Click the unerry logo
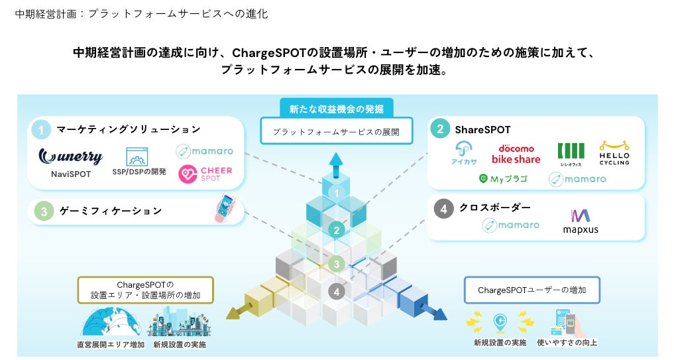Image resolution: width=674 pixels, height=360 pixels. pos(71,156)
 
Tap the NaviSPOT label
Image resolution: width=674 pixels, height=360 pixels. pos(70,174)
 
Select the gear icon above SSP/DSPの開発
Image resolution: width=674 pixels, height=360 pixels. pos(138,157)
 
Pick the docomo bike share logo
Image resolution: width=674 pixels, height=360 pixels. pos(516,154)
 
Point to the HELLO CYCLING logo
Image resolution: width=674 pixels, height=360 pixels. pos(614,153)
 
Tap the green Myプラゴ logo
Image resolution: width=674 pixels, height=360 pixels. pos(505,178)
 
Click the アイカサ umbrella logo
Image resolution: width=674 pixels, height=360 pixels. pos(463,154)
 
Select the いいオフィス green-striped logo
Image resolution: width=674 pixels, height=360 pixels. pos(570,154)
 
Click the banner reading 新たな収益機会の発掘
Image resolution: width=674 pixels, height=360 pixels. pos(336,108)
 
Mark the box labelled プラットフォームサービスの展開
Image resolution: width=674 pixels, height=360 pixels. pos(336,131)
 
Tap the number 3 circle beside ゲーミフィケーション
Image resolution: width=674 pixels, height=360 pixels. pos(43,211)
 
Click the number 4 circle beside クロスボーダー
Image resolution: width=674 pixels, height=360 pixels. pos(444,208)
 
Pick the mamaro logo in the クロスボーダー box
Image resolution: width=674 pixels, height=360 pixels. pos(510,225)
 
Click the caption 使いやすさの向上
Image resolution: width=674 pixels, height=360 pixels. pos(567,343)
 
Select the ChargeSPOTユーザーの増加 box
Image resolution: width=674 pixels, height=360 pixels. pos(532,290)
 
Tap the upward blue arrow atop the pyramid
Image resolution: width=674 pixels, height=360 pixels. pos(337,161)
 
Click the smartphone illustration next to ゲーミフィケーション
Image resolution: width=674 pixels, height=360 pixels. pos(225,208)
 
